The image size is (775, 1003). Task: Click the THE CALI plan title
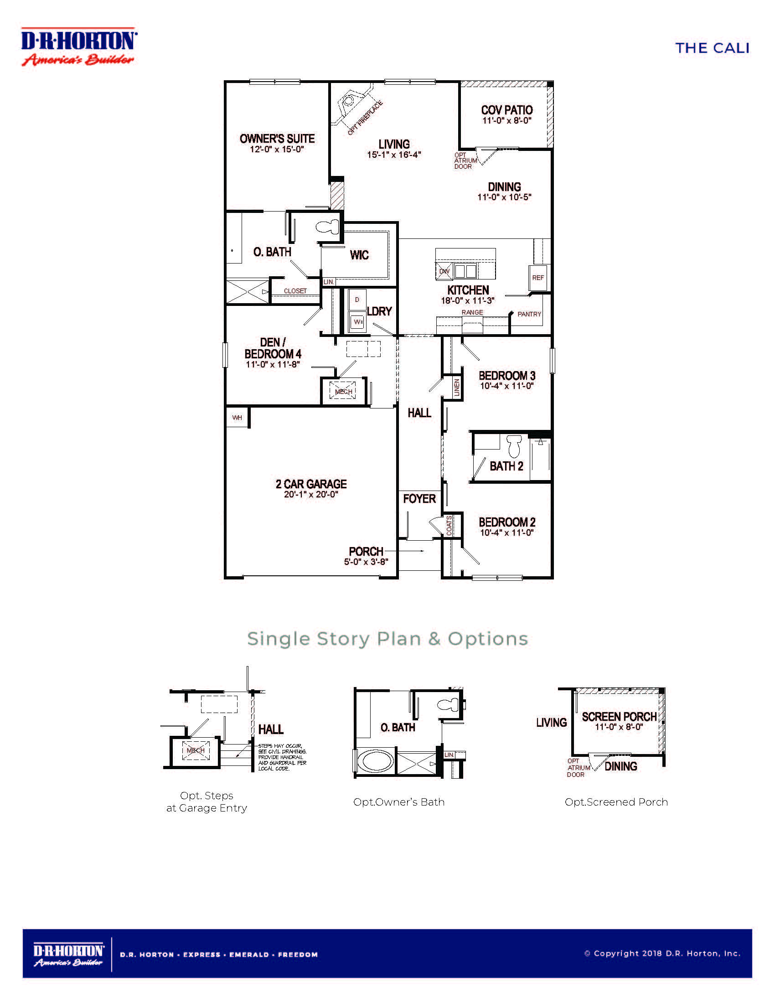(x=712, y=48)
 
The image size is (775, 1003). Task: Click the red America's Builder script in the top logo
(x=78, y=60)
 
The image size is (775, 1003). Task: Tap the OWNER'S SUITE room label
(x=277, y=139)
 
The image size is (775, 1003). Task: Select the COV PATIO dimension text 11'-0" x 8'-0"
(x=506, y=121)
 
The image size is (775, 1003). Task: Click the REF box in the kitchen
(x=537, y=278)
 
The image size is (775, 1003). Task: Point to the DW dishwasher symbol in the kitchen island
(x=444, y=271)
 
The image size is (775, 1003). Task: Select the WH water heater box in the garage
(x=237, y=418)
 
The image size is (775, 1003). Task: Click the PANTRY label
(x=529, y=314)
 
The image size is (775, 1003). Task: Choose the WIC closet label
(x=359, y=255)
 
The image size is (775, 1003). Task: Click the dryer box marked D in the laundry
(x=357, y=300)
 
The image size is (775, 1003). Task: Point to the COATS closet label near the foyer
(x=449, y=525)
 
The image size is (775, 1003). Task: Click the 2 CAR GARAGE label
(x=311, y=484)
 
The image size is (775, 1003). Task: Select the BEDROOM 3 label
(x=506, y=376)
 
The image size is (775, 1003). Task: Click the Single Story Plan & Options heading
(x=387, y=639)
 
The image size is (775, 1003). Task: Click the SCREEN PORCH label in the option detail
(x=619, y=717)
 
